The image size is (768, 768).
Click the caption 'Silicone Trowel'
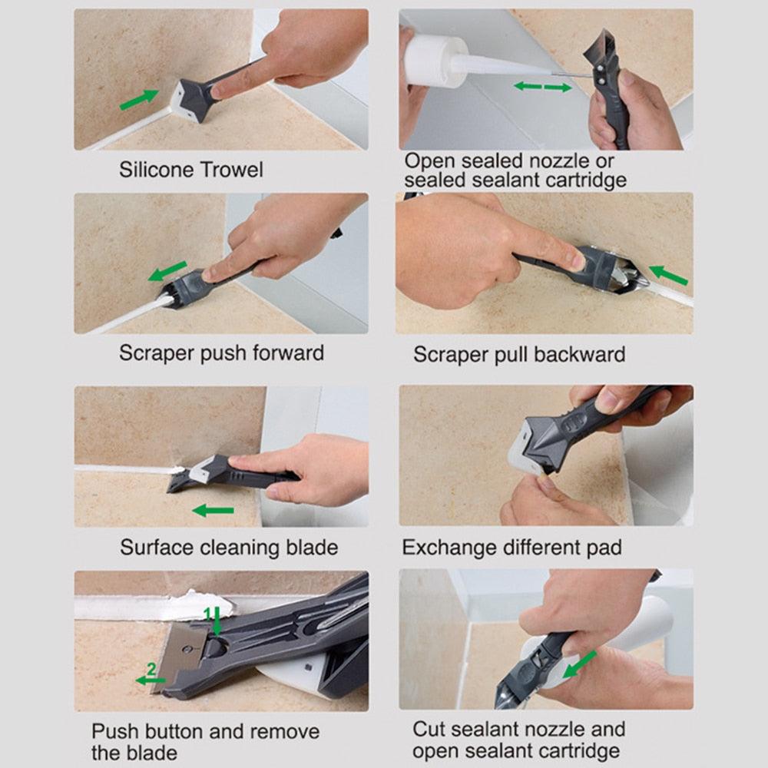pos(190,169)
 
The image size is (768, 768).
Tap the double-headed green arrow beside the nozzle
pos(542,87)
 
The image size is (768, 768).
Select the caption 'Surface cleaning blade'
pos(228,548)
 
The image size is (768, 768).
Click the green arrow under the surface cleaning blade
pos(213,510)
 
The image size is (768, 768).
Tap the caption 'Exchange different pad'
pos(511,548)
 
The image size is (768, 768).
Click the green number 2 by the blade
pos(151,670)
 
